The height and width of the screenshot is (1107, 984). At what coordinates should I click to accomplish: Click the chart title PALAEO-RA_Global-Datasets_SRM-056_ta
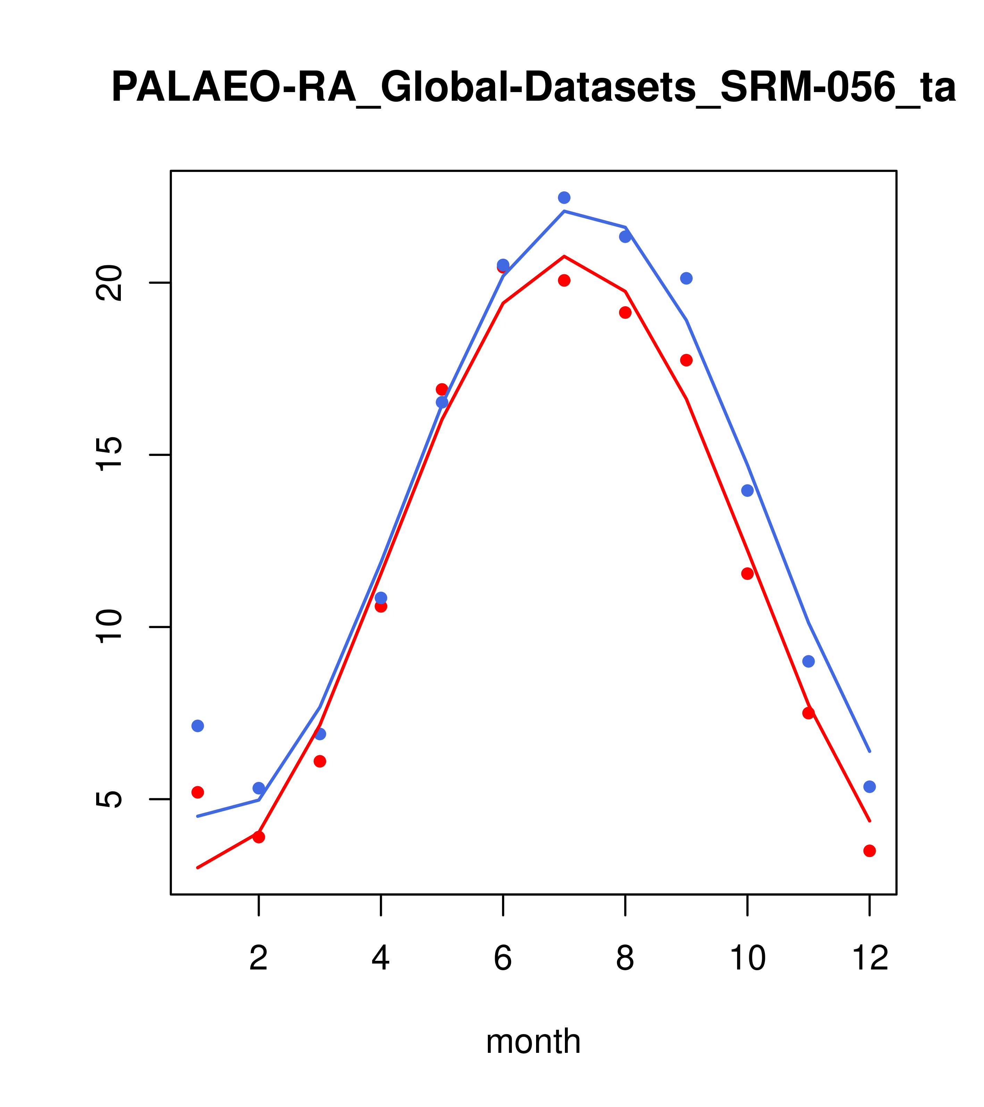tap(533, 88)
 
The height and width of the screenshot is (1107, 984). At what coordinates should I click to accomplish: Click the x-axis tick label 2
tap(259, 959)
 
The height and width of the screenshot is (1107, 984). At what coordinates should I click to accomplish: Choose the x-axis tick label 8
tap(625, 959)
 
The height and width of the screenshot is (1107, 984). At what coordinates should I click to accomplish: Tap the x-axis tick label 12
tap(870, 959)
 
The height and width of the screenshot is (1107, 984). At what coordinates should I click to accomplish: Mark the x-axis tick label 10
tap(747, 959)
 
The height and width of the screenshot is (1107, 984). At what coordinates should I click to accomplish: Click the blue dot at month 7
tap(564, 198)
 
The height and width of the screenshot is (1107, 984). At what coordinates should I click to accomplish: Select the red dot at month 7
tap(564, 281)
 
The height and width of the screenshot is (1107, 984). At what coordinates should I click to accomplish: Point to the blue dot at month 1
tap(198, 726)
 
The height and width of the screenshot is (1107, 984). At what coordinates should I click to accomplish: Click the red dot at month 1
tap(198, 792)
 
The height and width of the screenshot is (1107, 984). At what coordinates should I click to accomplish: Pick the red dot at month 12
tap(870, 851)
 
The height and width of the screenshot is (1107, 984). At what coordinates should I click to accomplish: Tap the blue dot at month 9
tap(686, 278)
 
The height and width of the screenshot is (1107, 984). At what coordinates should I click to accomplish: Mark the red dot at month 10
tap(747, 574)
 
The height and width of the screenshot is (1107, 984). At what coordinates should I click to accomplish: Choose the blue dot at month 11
tap(809, 661)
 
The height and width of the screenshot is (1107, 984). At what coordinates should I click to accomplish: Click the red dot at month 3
tap(320, 761)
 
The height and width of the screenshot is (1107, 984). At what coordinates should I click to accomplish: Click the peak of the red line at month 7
tap(564, 256)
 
